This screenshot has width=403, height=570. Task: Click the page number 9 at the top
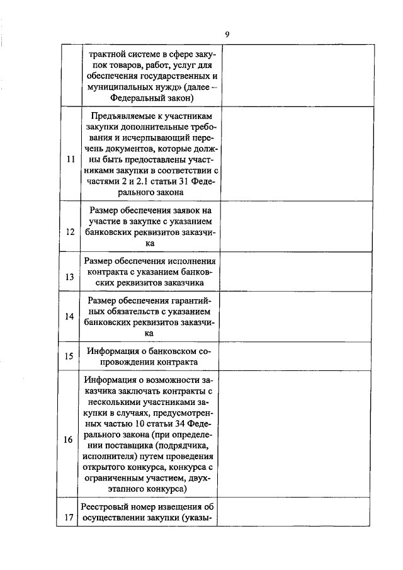click(227, 34)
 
